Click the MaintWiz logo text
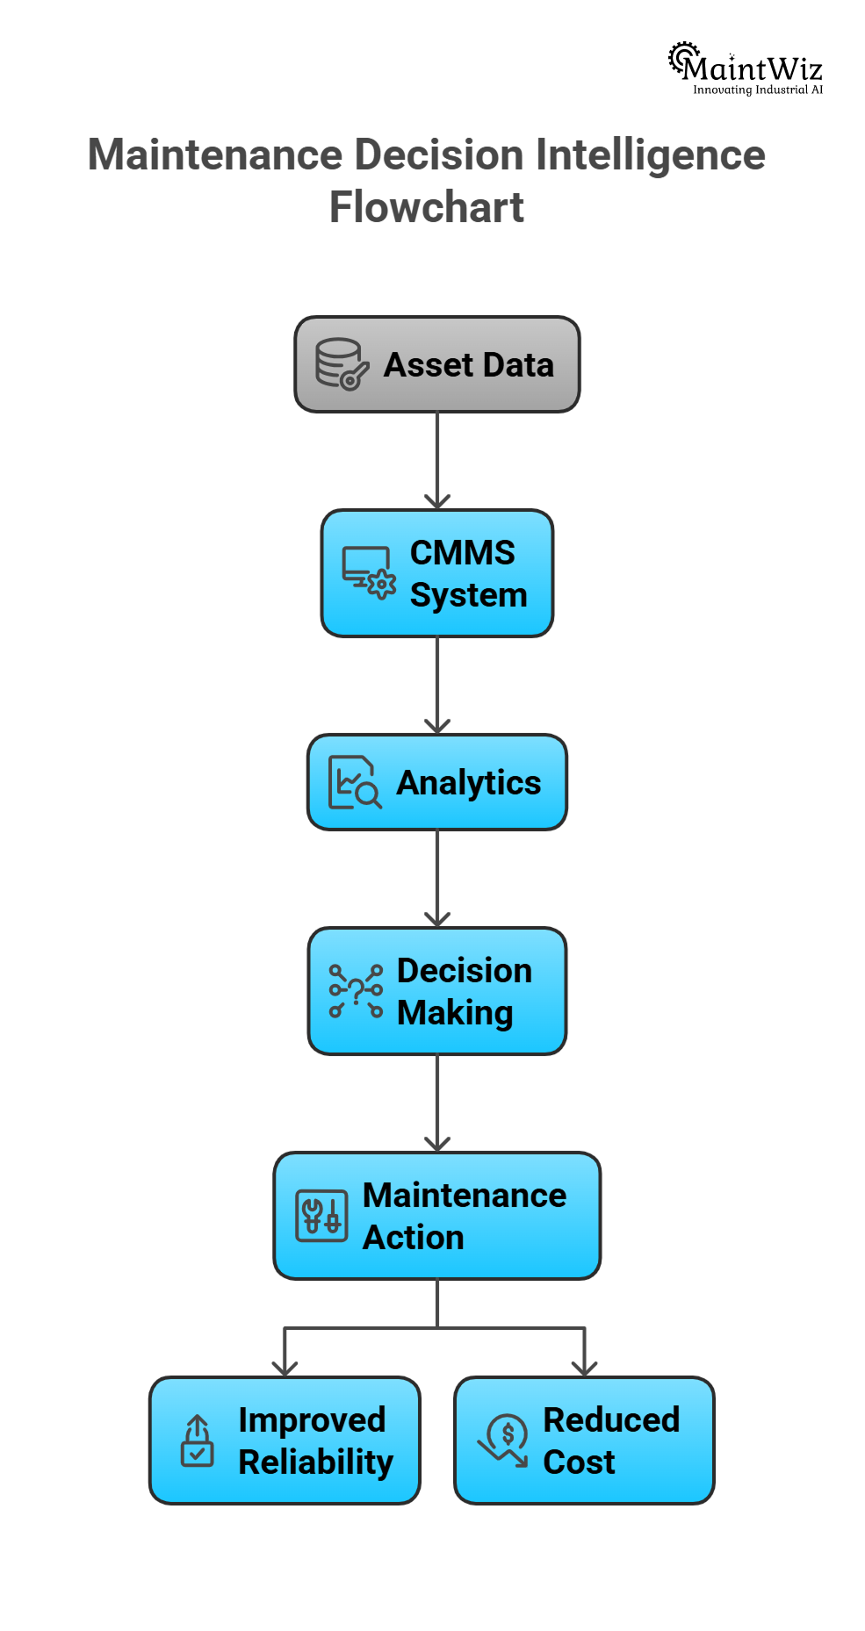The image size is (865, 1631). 753,68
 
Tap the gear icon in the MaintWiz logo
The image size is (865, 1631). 682,57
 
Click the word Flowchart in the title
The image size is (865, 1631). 427,207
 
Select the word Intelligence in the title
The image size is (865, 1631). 650,155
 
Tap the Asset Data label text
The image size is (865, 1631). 469,365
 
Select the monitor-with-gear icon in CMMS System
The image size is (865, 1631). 368,573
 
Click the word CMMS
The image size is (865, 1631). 462,553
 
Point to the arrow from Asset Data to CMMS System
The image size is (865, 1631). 437,461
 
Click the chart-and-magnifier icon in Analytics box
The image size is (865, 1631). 354,782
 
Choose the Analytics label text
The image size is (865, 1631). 469,783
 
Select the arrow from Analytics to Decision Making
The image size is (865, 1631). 437,879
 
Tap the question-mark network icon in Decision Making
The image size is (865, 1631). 355,991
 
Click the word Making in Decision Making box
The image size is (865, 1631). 455,1013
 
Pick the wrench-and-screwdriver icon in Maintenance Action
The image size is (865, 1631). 321,1216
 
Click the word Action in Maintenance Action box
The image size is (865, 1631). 414,1238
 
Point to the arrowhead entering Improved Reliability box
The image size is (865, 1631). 285,1368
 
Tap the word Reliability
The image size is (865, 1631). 316,1462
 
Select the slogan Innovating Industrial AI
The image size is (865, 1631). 758,90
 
